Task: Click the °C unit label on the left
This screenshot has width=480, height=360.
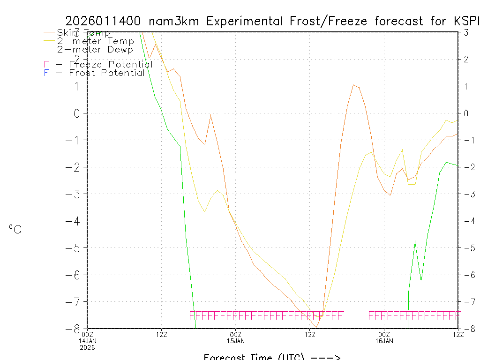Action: tap(15, 229)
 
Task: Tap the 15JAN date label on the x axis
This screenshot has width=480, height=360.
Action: tap(236, 340)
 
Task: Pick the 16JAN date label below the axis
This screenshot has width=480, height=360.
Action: tap(384, 340)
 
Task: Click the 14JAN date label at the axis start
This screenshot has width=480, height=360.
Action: tap(88, 340)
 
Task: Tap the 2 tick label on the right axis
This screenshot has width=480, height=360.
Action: tap(466, 59)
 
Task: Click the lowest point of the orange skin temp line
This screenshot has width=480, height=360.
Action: tap(316, 327)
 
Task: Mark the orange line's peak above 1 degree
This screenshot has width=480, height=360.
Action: tap(353, 85)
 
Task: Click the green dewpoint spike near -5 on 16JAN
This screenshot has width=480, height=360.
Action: tap(415, 241)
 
